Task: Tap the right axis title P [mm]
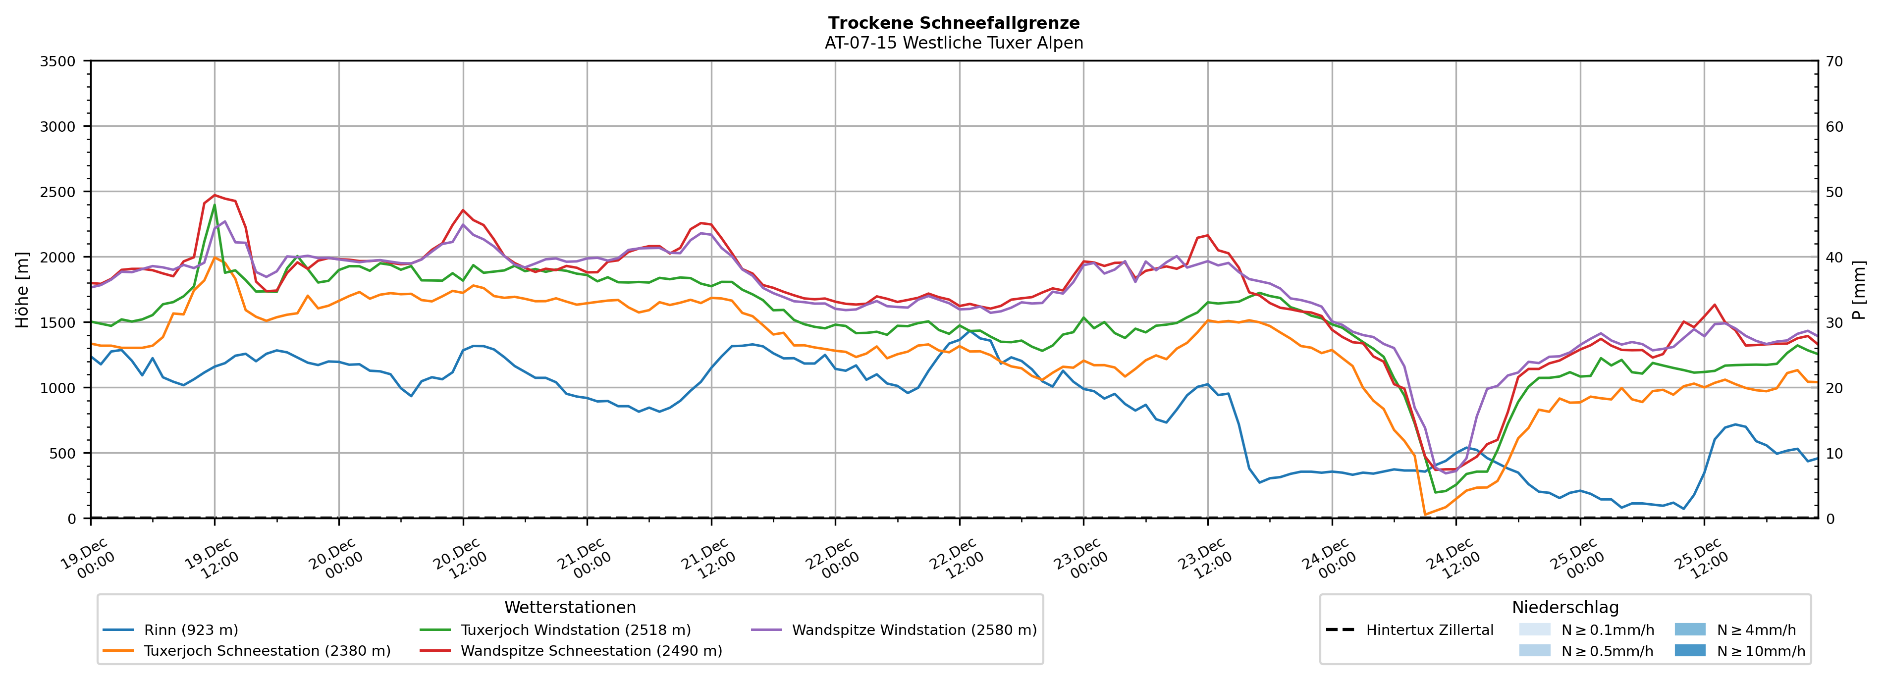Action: (x=1859, y=289)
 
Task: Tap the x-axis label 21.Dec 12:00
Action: (x=709, y=559)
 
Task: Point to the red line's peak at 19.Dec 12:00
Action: (x=214, y=195)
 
